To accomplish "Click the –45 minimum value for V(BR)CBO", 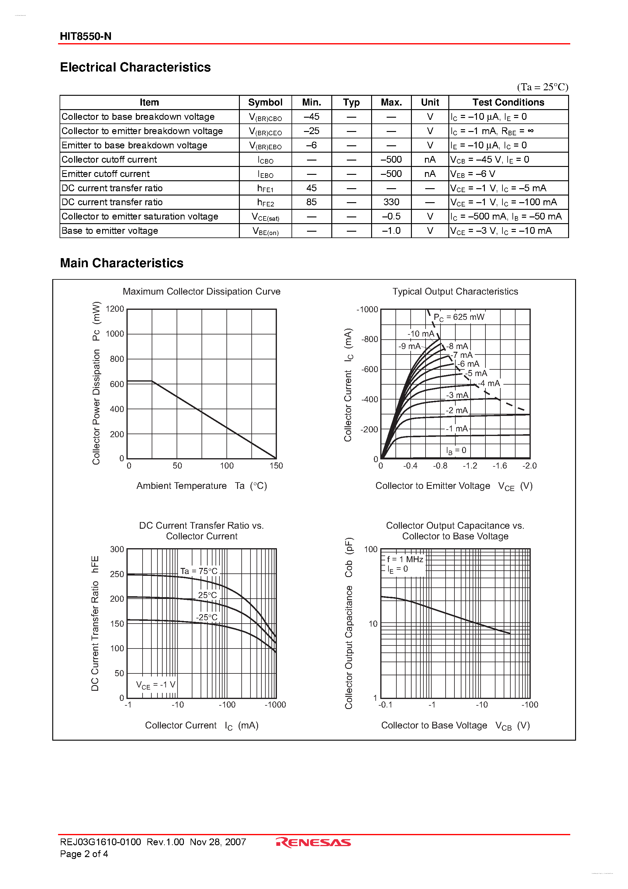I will tap(311, 116).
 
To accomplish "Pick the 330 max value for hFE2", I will tap(391, 202).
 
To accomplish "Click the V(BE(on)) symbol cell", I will tap(265, 231).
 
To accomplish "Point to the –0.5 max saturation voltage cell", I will tap(391, 216).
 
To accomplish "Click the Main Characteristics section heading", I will tap(122, 263).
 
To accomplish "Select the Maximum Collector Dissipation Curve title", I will tap(201, 291).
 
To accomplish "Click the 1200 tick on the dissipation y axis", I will tap(115, 309).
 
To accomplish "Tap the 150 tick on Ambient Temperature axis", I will tap(276, 465).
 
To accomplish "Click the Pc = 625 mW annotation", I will tap(459, 317).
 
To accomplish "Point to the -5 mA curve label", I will tap(476, 373).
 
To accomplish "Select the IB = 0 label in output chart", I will tap(456, 450).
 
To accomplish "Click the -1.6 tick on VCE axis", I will tap(499, 465).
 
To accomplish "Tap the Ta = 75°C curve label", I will tap(199, 571).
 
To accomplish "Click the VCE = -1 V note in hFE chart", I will tap(156, 685).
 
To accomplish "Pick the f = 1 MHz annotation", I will tap(405, 559).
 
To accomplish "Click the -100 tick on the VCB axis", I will tap(529, 705).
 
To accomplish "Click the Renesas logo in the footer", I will tap(314, 842).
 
